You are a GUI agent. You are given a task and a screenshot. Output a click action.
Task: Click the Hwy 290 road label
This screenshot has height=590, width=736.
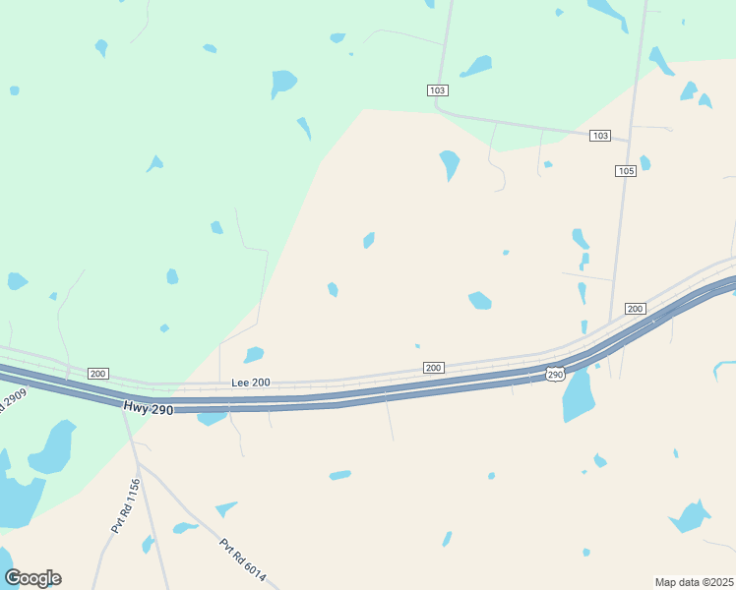click(x=149, y=407)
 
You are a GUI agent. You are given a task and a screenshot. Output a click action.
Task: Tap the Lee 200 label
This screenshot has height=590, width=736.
click(x=250, y=383)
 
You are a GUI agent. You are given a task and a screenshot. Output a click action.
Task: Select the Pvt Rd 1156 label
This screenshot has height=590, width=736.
click(x=125, y=505)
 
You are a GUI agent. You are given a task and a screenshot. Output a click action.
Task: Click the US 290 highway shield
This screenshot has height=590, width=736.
click(x=555, y=375)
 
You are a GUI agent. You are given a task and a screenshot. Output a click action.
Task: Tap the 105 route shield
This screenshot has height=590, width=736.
click(x=627, y=171)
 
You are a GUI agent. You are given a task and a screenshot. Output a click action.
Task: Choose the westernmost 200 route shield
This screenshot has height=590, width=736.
click(x=97, y=374)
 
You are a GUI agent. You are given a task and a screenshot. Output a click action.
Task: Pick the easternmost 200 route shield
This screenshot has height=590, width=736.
click(x=635, y=309)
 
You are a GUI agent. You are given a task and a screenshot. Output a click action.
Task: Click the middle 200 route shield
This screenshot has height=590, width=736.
click(x=433, y=367)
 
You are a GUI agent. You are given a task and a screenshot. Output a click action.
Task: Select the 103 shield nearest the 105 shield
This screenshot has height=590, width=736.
click(x=600, y=135)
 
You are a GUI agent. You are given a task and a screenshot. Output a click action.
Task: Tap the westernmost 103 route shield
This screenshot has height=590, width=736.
click(x=438, y=90)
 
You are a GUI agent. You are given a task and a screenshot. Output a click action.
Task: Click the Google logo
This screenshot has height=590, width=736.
click(x=32, y=578)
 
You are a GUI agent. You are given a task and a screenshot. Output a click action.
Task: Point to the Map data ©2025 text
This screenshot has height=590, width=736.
click(x=694, y=581)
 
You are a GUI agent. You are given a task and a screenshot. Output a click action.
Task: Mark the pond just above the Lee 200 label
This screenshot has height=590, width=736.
click(x=254, y=355)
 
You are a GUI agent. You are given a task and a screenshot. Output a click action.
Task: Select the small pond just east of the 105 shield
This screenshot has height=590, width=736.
click(x=644, y=162)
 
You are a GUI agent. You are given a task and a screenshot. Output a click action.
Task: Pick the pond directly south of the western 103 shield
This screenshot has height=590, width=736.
click(x=450, y=163)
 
